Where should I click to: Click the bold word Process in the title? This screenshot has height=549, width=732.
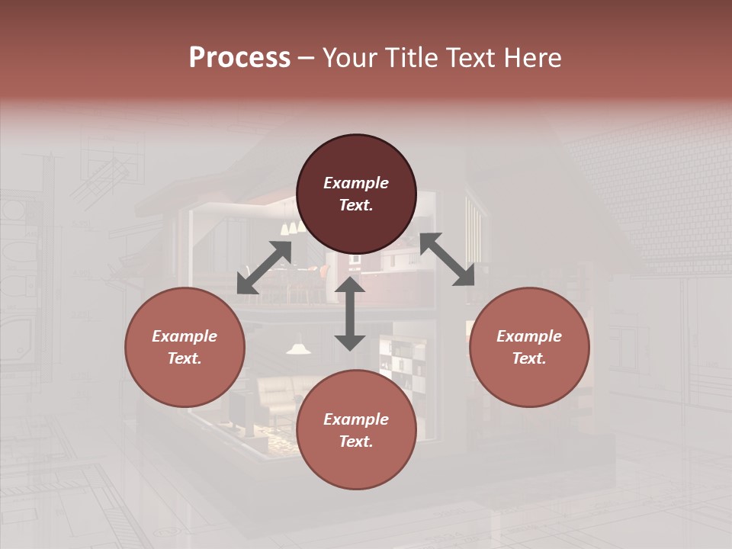[239, 58]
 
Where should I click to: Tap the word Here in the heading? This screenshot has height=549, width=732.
[531, 58]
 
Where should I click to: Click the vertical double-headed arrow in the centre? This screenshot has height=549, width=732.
[350, 313]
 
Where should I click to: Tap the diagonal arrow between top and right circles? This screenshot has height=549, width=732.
[447, 259]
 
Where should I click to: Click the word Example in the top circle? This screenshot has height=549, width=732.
[356, 183]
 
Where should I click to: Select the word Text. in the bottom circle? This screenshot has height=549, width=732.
[356, 441]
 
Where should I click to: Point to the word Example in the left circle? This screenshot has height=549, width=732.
[185, 336]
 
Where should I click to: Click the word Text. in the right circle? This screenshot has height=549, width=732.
[529, 358]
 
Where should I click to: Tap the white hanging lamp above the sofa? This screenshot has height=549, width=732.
[299, 348]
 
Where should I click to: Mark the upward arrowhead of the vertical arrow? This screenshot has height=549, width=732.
[350, 285]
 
